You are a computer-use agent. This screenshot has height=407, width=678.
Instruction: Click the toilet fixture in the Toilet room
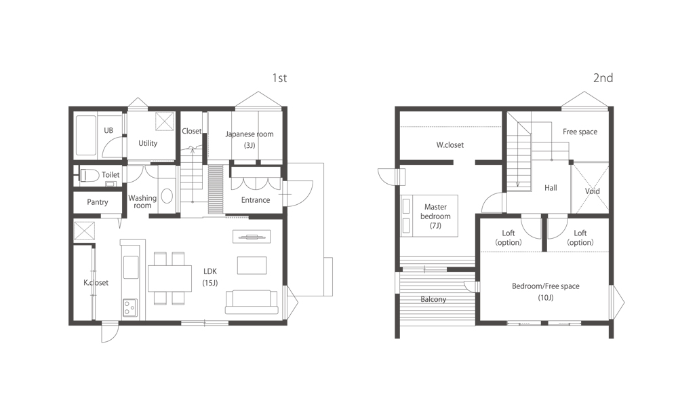89,175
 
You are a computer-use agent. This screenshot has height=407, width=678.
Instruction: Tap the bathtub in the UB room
86,135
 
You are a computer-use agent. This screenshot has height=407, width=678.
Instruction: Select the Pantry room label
97,202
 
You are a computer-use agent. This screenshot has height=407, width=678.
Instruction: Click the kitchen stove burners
130,307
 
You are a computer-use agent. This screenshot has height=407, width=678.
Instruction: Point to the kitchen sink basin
131,267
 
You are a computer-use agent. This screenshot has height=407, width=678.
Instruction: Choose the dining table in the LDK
170,278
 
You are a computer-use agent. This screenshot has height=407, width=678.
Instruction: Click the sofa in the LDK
252,302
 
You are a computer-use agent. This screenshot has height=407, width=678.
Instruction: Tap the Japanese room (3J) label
250,139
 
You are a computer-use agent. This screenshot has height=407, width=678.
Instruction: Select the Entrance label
256,200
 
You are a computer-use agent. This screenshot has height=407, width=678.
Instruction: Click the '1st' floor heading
279,78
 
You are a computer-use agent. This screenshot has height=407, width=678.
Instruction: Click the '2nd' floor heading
603,78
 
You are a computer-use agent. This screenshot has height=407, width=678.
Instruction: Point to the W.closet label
450,145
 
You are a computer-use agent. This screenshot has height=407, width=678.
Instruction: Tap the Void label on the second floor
593,191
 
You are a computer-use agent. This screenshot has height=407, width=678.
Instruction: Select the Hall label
551,188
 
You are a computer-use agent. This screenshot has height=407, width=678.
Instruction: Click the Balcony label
433,299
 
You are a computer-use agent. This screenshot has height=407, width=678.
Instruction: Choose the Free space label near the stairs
580,132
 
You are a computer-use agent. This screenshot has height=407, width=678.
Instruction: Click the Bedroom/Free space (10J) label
546,292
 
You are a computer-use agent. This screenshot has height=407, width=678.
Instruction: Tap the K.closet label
96,282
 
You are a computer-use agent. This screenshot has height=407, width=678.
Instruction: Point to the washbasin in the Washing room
167,196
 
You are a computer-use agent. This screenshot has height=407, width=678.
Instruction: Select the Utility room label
148,143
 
